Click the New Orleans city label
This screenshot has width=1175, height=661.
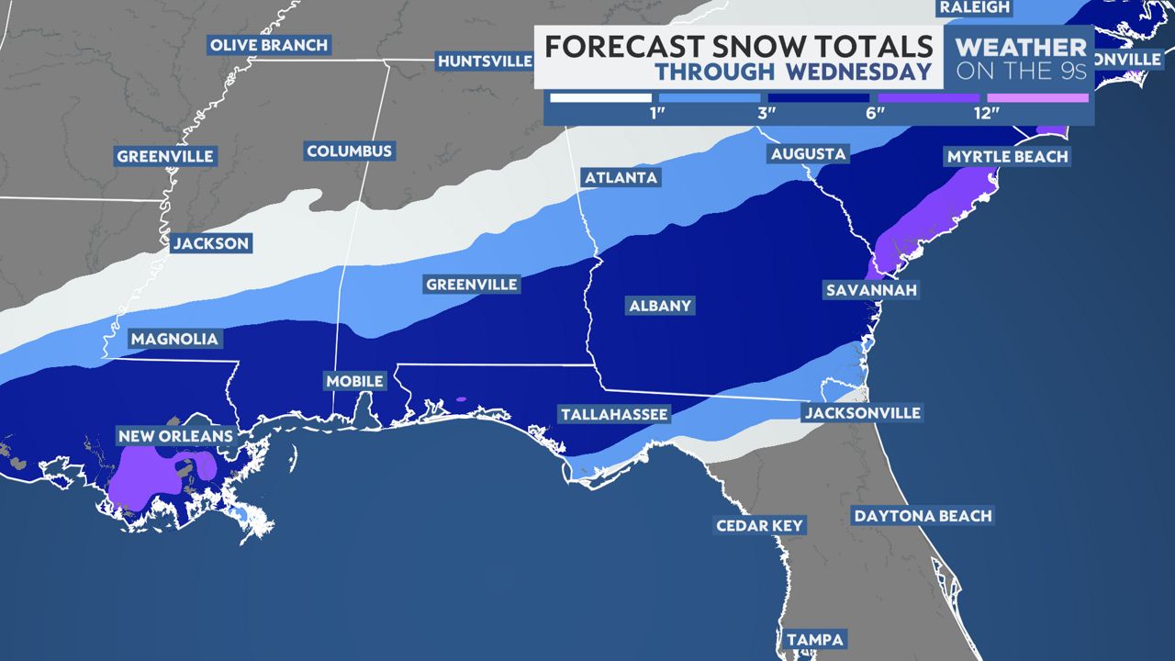[x=174, y=435]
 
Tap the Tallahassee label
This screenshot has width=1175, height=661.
[x=614, y=415]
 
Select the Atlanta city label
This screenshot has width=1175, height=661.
[x=621, y=177]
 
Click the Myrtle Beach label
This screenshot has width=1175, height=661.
[x=1007, y=156]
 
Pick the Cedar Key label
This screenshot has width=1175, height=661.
[x=760, y=526]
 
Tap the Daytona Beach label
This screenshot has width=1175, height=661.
[x=923, y=516]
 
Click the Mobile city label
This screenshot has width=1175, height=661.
[x=355, y=381]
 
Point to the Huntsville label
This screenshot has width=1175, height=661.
[x=485, y=62]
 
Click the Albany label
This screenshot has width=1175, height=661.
[x=660, y=306]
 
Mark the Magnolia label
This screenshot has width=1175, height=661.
[x=174, y=339]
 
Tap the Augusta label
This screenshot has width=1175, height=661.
[x=808, y=153]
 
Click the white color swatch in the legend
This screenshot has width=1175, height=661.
[x=600, y=97]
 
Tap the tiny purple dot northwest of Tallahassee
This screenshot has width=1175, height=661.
[x=461, y=399]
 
